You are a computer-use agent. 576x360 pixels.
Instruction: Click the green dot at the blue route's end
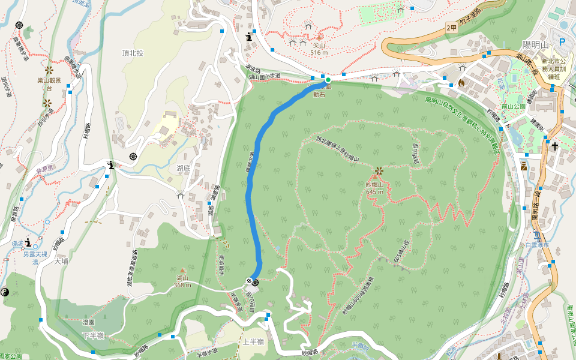click(x=328, y=80)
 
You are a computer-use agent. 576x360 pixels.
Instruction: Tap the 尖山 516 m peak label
click(x=319, y=49)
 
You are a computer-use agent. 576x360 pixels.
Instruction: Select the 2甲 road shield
click(x=452, y=28)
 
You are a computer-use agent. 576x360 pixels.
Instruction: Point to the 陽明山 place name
click(x=535, y=45)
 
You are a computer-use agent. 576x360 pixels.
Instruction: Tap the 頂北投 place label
click(x=133, y=53)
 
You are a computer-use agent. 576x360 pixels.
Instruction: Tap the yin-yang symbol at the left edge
click(x=5, y=292)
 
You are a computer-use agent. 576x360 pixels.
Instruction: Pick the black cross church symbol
click(x=555, y=146)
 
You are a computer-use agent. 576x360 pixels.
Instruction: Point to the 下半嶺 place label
click(x=93, y=335)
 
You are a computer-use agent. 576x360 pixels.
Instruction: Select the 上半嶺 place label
click(x=253, y=342)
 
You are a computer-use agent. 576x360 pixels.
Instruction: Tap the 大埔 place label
click(x=61, y=262)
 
